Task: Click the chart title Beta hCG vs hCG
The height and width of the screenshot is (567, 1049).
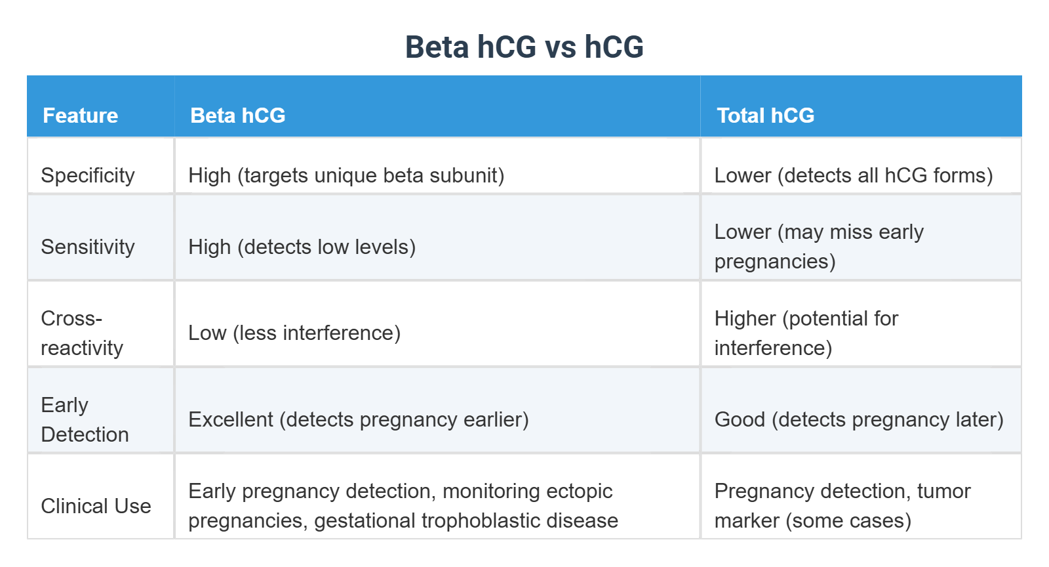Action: click(524, 47)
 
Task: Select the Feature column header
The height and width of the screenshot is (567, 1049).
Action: click(80, 115)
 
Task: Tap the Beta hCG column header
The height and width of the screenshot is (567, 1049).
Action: click(237, 115)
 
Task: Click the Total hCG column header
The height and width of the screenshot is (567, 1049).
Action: click(765, 115)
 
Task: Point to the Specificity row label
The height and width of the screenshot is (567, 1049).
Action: click(87, 175)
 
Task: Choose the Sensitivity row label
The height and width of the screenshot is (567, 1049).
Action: click(87, 247)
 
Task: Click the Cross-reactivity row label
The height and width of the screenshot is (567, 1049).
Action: click(81, 333)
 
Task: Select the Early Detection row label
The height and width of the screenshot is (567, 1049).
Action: click(84, 419)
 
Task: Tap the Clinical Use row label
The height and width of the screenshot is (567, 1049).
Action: click(96, 506)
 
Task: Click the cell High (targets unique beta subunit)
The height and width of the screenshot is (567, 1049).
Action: click(346, 175)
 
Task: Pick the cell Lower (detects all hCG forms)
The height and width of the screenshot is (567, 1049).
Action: click(853, 175)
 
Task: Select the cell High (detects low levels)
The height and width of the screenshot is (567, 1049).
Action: click(302, 247)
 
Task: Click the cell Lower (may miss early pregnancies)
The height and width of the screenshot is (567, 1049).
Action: click(818, 247)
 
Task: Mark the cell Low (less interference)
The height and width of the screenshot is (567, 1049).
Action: click(294, 333)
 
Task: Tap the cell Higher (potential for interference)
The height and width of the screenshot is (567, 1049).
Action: click(806, 333)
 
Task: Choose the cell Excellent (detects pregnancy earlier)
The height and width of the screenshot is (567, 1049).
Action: click(358, 419)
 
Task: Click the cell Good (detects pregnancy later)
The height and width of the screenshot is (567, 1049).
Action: click(858, 419)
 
